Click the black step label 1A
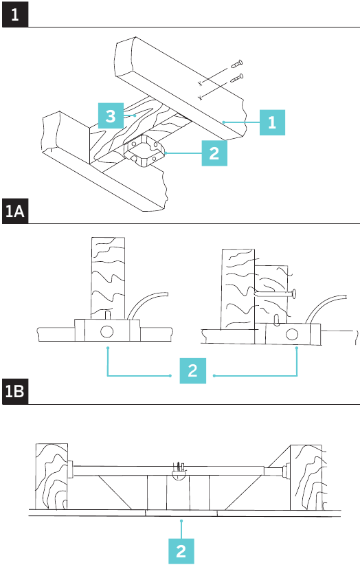point(15,211)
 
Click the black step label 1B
point(15,391)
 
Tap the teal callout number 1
point(272,122)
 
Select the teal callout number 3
point(111,115)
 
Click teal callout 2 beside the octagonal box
point(214,153)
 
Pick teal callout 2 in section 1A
point(192,370)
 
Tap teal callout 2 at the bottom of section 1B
point(181,551)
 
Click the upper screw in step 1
point(236,65)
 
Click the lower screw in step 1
point(237,78)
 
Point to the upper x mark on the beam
point(200,84)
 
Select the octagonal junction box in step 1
point(144,151)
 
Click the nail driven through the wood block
point(275,293)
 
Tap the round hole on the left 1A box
point(106,331)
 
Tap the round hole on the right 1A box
point(292,335)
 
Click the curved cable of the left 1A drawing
point(146,303)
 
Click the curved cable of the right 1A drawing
point(324,306)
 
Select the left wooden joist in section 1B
point(52,476)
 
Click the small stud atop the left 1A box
point(107,315)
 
